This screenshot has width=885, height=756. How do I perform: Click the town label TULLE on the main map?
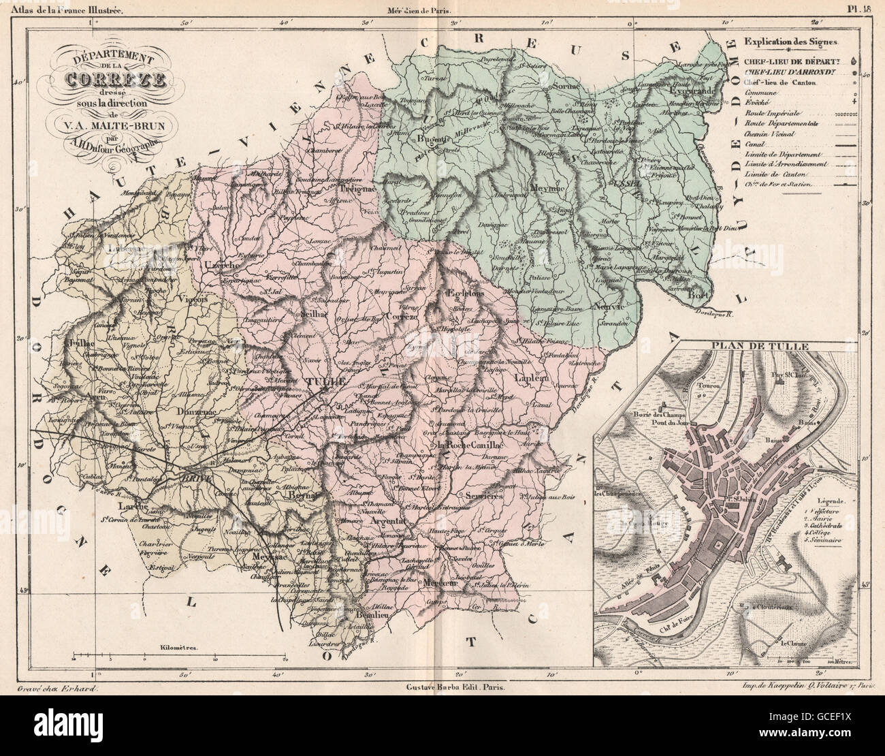coord(327,381)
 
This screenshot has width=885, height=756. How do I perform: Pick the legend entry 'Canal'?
coord(754,144)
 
